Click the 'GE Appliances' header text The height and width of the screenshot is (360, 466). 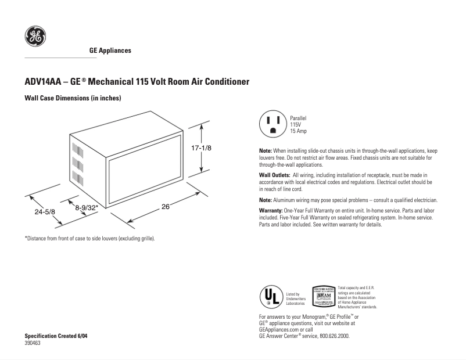(x=110, y=51)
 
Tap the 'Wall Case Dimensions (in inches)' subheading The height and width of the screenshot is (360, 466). (x=73, y=99)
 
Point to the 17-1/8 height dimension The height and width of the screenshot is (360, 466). (x=201, y=149)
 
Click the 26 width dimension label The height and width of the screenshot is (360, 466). (x=165, y=207)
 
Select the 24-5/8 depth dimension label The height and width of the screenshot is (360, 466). (x=44, y=213)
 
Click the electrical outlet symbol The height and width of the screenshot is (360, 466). (x=273, y=124)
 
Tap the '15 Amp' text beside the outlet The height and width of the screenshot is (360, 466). (x=299, y=131)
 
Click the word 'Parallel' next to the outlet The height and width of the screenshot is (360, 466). (x=299, y=118)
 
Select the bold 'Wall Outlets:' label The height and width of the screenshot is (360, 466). (x=274, y=175)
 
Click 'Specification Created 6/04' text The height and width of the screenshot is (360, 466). (x=56, y=337)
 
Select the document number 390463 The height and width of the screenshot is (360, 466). (x=33, y=343)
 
